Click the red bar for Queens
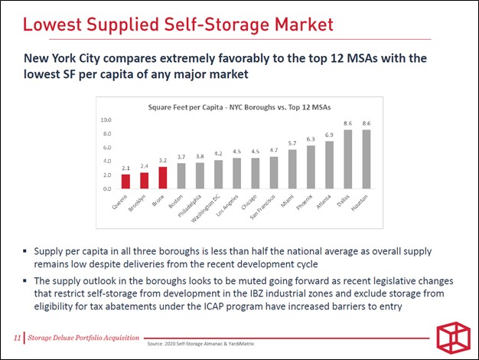[125, 182]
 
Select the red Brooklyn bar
[144, 181]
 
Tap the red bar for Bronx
[163, 178]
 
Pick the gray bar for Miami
[292, 169]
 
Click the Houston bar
[366, 159]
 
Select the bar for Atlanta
[329, 165]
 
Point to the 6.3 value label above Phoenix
[311, 139]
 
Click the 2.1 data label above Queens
[125, 168]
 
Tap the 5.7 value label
[292, 143]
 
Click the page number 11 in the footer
[17, 338]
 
